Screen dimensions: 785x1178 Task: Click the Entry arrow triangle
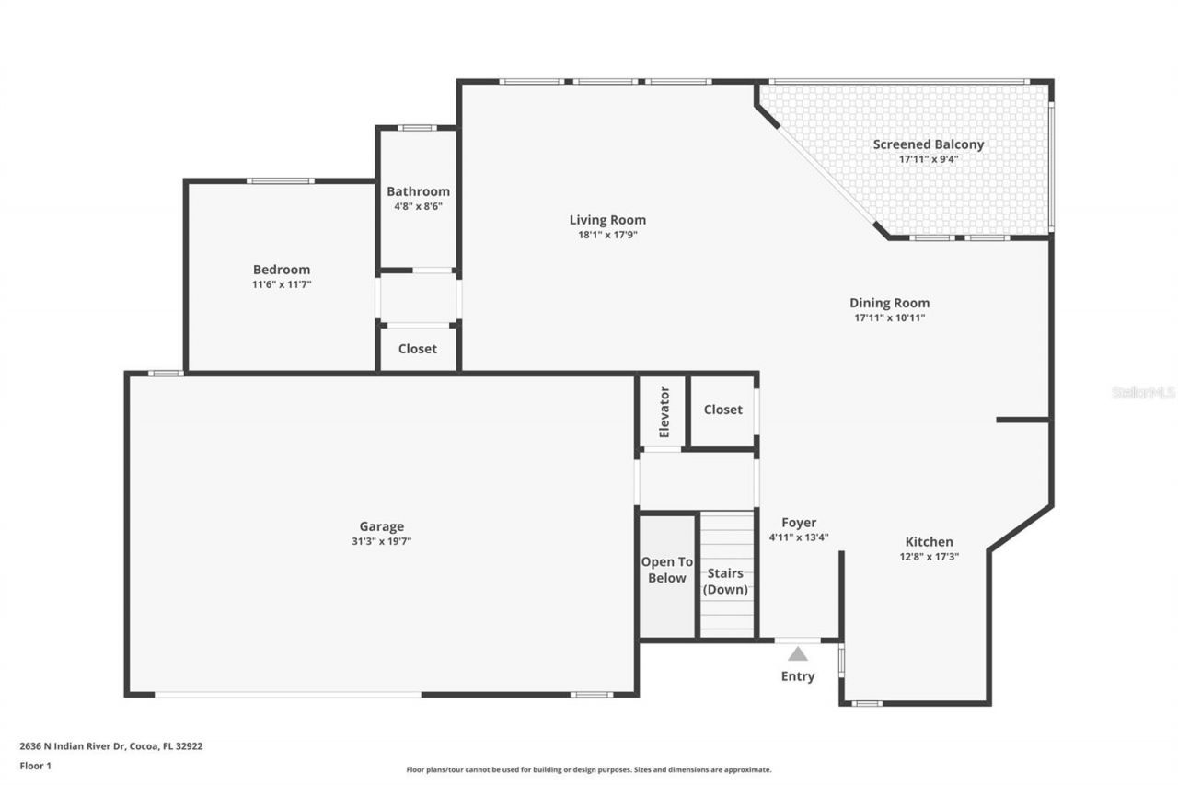[x=798, y=654]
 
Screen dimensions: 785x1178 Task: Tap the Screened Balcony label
[x=928, y=144]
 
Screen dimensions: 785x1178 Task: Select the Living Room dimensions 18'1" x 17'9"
[x=606, y=236]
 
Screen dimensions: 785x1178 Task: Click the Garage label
[x=381, y=526]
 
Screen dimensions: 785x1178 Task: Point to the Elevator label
[x=664, y=412]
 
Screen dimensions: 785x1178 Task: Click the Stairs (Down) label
[x=725, y=582]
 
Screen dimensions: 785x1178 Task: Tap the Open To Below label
[x=667, y=570]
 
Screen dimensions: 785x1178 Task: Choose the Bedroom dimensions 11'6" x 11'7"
[x=282, y=285]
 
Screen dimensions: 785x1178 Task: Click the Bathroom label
[x=418, y=191]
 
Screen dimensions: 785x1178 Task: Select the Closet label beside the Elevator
[x=722, y=410]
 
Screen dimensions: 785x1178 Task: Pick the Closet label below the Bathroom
[x=417, y=350]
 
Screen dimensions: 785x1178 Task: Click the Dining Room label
[x=889, y=303]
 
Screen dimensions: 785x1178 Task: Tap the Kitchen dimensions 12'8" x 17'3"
[x=929, y=557]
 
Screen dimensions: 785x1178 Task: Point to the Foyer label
[x=798, y=523]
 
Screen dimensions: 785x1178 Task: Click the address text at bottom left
[x=111, y=746]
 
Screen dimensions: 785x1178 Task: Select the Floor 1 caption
[x=35, y=765]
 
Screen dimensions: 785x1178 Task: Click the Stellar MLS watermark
[x=1143, y=392]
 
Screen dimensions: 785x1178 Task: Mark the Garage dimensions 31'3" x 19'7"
[x=381, y=542]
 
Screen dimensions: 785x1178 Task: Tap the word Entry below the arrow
[x=798, y=676]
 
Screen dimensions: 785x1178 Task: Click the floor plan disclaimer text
[x=589, y=769]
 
